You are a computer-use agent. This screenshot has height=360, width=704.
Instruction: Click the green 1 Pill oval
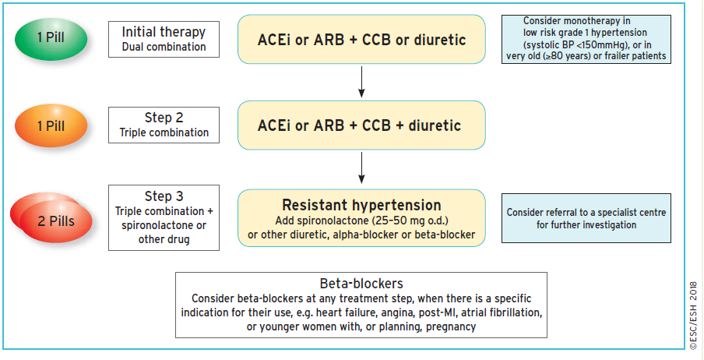click(51, 37)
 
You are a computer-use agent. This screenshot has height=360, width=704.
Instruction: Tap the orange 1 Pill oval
click(51, 125)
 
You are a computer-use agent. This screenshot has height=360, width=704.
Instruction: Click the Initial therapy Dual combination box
click(164, 39)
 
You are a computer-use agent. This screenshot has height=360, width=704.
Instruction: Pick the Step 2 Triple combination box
click(164, 125)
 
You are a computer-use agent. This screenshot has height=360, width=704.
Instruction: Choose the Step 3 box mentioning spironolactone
click(164, 217)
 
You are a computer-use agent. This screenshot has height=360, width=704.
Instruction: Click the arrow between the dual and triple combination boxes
click(361, 82)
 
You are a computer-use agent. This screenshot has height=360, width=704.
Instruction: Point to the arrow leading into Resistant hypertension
click(361, 168)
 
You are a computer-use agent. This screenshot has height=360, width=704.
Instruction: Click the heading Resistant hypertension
click(361, 205)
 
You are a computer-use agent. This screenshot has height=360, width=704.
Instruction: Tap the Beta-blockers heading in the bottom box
click(361, 284)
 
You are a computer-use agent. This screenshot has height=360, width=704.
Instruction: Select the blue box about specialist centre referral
click(586, 218)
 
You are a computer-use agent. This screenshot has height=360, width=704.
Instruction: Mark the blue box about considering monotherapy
click(586, 39)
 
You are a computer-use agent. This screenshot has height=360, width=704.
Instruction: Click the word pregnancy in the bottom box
click(451, 326)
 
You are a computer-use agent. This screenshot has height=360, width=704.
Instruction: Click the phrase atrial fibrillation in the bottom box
click(502, 312)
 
